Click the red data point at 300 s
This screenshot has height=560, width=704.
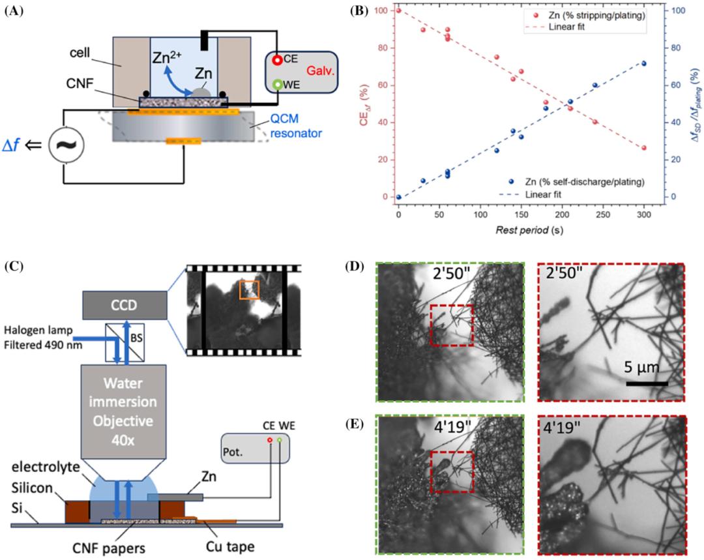tap(644, 148)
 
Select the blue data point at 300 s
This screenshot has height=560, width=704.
tap(644, 63)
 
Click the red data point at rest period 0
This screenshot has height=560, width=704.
tap(398, 10)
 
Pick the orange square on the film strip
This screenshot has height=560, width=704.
tap(248, 289)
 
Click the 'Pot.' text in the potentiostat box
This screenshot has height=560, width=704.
tap(231, 451)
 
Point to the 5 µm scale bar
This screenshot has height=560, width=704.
tap(647, 383)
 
